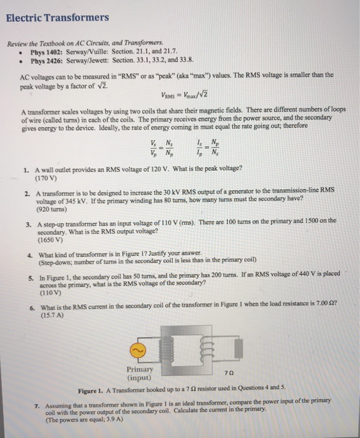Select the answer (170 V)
pyautogui.click(x=50, y=177)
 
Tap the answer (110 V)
pyautogui.click(x=50, y=292)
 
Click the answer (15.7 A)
pyautogui.click(x=52, y=317)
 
